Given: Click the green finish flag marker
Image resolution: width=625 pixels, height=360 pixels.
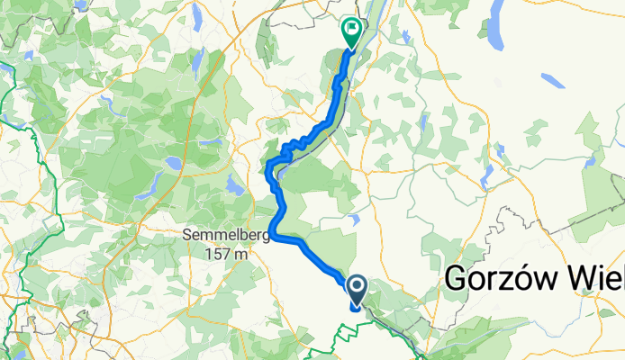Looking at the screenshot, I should [350, 33].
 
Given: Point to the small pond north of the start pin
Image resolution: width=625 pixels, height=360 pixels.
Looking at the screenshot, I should [357, 218].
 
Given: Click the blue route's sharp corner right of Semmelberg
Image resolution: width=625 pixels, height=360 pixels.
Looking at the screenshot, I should [273, 238].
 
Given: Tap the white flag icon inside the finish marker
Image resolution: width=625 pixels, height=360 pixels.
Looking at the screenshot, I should [350, 30].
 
